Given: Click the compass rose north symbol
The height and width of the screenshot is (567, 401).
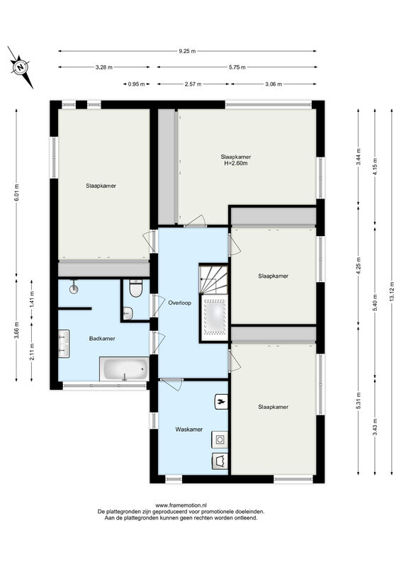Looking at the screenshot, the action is point(21,67).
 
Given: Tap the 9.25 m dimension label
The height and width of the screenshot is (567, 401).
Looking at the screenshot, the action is point(187,51).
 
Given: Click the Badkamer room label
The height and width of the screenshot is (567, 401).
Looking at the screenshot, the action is point(102,339).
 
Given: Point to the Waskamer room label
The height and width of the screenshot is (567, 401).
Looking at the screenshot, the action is point(188,430).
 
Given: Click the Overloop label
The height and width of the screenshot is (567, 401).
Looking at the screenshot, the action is point(180,303).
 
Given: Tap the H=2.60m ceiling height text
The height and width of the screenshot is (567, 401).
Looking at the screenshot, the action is point(236,163).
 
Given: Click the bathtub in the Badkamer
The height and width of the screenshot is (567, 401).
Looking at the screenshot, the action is point(124,369).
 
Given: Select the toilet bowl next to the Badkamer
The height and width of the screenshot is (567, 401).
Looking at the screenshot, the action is point(135,288).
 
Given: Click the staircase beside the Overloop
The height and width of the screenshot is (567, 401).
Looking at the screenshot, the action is point(213,279).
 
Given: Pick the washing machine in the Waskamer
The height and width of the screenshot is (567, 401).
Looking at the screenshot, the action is point(220,439).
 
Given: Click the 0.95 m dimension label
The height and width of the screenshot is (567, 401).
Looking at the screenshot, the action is point(136,84).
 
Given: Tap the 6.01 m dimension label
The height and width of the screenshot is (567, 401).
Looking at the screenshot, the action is point(16,194).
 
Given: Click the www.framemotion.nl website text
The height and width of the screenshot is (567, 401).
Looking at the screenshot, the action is point(181,505).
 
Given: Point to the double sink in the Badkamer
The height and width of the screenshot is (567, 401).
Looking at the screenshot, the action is point(64,343).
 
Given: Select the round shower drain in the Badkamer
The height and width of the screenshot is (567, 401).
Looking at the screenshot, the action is point(74,288).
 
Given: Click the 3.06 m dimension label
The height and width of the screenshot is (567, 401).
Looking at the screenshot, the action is point(273,84).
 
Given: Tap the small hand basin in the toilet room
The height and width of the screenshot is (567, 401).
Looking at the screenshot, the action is point(128,313).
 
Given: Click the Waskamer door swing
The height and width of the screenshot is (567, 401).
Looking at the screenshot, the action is point(171,384).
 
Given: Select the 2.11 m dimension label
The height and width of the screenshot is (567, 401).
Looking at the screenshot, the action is point(32,352).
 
